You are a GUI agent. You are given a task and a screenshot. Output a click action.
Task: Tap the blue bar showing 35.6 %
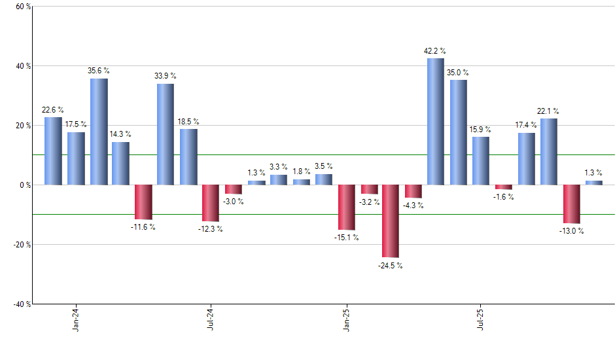coord(99,132)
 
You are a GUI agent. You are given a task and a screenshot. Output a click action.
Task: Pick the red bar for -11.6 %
coord(144,202)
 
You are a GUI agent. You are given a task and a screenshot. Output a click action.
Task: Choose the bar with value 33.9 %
coord(166,134)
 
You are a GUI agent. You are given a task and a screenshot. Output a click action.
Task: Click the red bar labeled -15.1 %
coord(346,207)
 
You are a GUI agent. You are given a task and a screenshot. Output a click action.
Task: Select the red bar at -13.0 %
coord(571,204)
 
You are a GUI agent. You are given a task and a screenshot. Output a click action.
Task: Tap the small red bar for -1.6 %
coord(504,187)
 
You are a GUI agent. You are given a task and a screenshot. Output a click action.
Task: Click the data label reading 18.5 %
coord(188,122)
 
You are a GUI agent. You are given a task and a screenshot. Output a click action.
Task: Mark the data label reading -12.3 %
coord(211,229)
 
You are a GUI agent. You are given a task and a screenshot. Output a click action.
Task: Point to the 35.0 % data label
coord(458,73)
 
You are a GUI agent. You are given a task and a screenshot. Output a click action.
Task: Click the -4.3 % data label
coord(413,206)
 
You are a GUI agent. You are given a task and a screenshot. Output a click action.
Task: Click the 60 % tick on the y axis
coord(23,7)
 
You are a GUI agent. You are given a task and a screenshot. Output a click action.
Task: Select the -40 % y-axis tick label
coord(21,304)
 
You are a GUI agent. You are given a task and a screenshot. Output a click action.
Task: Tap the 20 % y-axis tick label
coord(23,126)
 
